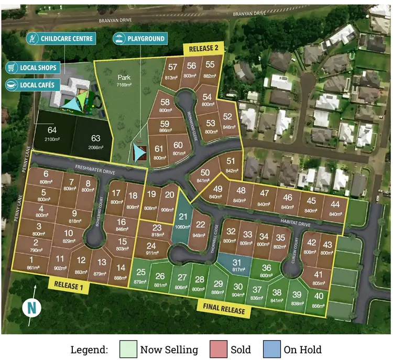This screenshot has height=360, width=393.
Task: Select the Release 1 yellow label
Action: coord(68,285)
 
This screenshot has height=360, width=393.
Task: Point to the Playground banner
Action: coord(139,38)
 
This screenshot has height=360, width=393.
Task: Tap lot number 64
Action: coord(51,130)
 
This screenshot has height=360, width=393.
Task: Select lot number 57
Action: coord(172,67)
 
